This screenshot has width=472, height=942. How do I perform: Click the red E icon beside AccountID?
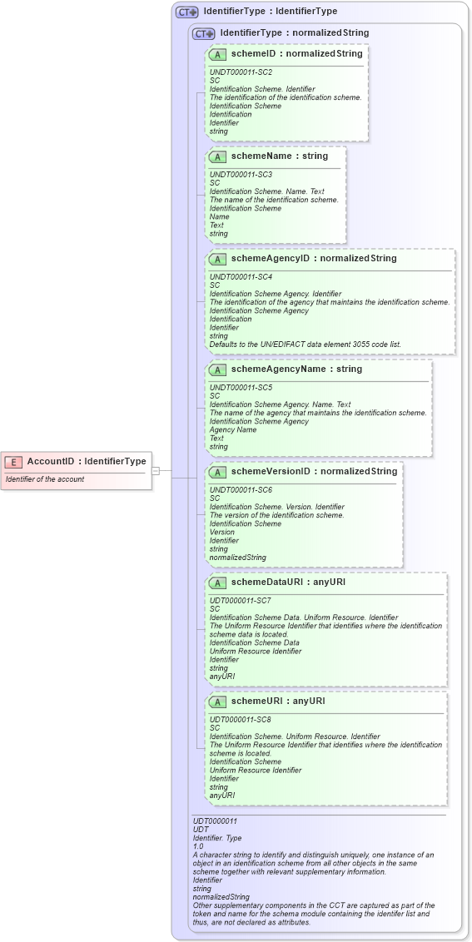point(13,462)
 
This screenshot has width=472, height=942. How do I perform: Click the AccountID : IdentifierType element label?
point(87,461)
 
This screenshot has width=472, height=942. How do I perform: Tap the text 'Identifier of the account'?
point(45,479)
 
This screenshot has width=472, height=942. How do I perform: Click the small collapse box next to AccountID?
point(156,470)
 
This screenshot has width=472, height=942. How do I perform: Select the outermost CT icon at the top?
point(186,12)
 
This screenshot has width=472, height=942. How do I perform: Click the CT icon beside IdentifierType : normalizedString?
point(203,34)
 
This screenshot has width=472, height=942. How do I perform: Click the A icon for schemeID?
point(217,54)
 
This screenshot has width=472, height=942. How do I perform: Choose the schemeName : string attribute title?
point(280,156)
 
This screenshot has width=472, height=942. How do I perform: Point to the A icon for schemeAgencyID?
point(217,259)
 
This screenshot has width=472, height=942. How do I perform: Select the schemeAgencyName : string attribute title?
point(297,369)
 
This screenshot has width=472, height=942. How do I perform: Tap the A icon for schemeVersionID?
point(217,472)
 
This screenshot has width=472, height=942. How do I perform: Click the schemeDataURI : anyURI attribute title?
point(288,582)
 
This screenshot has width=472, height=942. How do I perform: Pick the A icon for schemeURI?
point(217,702)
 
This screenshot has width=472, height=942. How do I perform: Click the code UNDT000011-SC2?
point(241,72)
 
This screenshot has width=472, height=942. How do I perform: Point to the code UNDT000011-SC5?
point(241,387)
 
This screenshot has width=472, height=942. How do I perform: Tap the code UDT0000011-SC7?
point(240,600)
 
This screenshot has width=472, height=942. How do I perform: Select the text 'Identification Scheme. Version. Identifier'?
point(276,507)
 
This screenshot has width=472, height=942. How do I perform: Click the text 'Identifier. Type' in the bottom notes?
point(216,837)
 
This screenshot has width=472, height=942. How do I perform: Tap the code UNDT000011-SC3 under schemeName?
point(241,174)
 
